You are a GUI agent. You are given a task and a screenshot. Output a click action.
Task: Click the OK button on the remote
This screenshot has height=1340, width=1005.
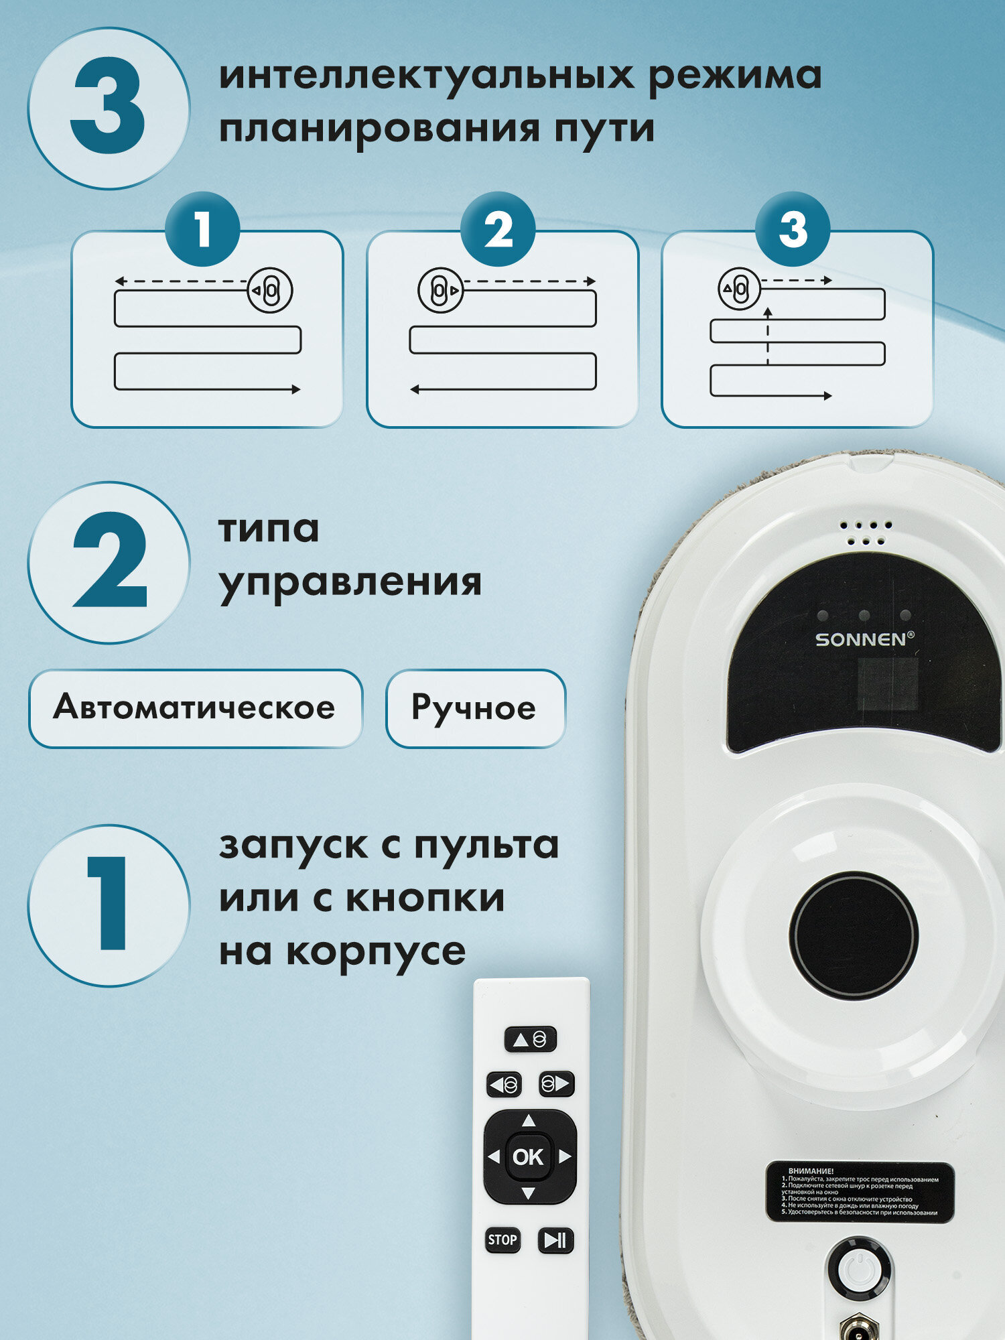pyautogui.click(x=528, y=1157)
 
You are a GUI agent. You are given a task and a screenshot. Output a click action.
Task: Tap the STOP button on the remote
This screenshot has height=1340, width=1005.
pyautogui.click(x=502, y=1239)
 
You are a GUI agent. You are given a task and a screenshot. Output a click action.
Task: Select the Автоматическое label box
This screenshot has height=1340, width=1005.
pyautogui.click(x=195, y=708)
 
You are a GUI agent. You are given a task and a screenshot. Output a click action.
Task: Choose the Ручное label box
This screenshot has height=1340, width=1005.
pyautogui.click(x=475, y=708)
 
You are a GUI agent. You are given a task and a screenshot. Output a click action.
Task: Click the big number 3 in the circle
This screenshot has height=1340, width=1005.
pyautogui.click(x=109, y=107)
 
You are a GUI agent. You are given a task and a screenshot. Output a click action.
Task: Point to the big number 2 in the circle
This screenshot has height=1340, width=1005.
pyautogui.click(x=109, y=561)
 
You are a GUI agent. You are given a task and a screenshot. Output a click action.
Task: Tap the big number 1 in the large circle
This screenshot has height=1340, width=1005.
pyautogui.click(x=109, y=904)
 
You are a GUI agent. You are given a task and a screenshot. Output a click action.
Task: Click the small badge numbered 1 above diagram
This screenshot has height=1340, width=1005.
pyautogui.click(x=202, y=230)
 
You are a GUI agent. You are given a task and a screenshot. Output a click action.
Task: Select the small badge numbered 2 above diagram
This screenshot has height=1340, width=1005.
pyautogui.click(x=498, y=230)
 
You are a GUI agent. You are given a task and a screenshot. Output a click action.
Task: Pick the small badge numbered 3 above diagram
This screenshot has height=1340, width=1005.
pyautogui.click(x=793, y=230)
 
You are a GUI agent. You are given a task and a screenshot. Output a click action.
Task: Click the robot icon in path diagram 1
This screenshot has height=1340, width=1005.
pyautogui.click(x=270, y=291)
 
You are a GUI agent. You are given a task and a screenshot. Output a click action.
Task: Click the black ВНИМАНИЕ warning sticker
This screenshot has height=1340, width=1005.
pyautogui.click(x=860, y=1192)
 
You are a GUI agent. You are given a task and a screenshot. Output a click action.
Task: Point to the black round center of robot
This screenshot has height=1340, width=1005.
pyautogui.click(x=853, y=934)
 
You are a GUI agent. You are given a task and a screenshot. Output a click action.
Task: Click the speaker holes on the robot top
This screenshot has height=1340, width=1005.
pyautogui.click(x=866, y=533)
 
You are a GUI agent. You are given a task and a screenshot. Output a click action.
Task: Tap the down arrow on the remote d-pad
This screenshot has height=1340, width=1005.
pyautogui.click(x=529, y=1193)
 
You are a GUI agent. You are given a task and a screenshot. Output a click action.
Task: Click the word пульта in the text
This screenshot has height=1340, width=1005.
pyautogui.click(x=486, y=846)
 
